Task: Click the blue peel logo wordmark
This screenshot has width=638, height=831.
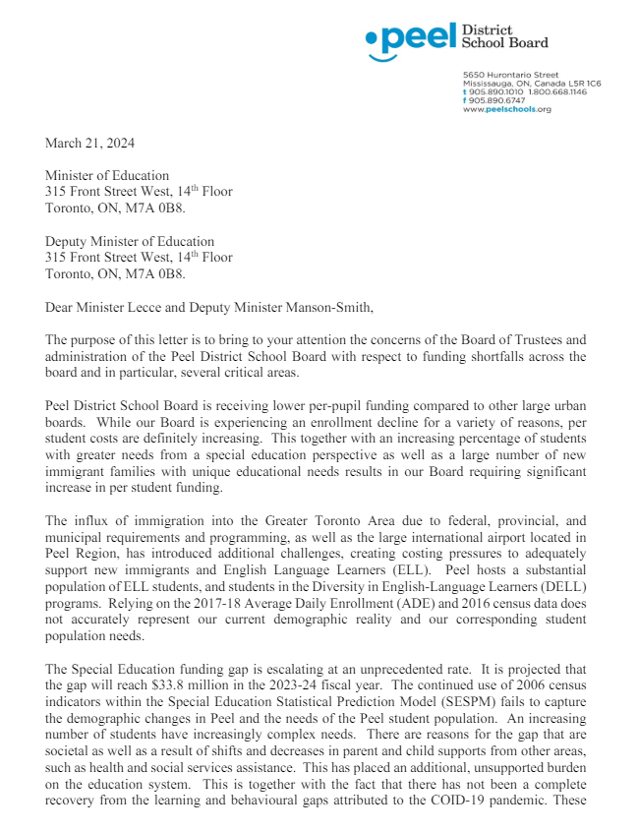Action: [x=407, y=39]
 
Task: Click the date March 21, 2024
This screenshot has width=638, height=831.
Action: [x=90, y=143]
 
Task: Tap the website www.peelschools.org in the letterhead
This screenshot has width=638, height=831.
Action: [x=506, y=109]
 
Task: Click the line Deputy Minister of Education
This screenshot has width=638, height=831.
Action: [x=130, y=241]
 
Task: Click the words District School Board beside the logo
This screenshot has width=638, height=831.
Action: [x=504, y=36]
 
